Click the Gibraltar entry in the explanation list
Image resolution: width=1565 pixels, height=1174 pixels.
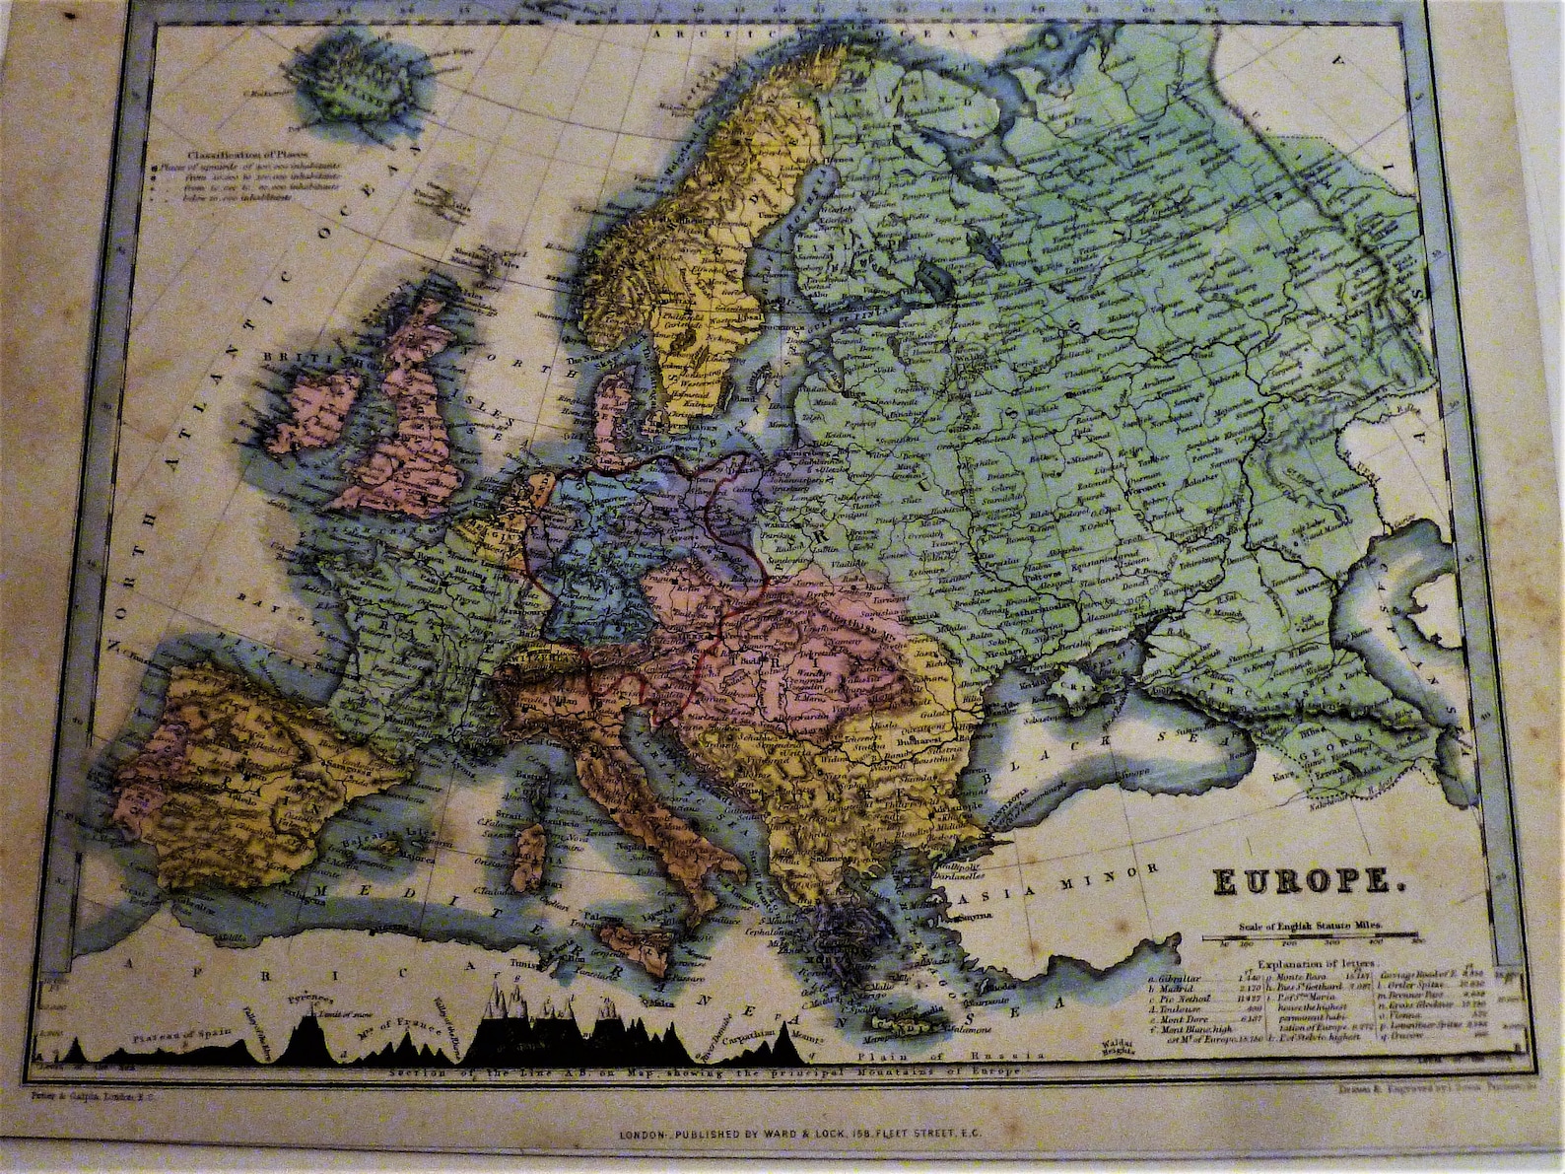[1179, 981]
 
